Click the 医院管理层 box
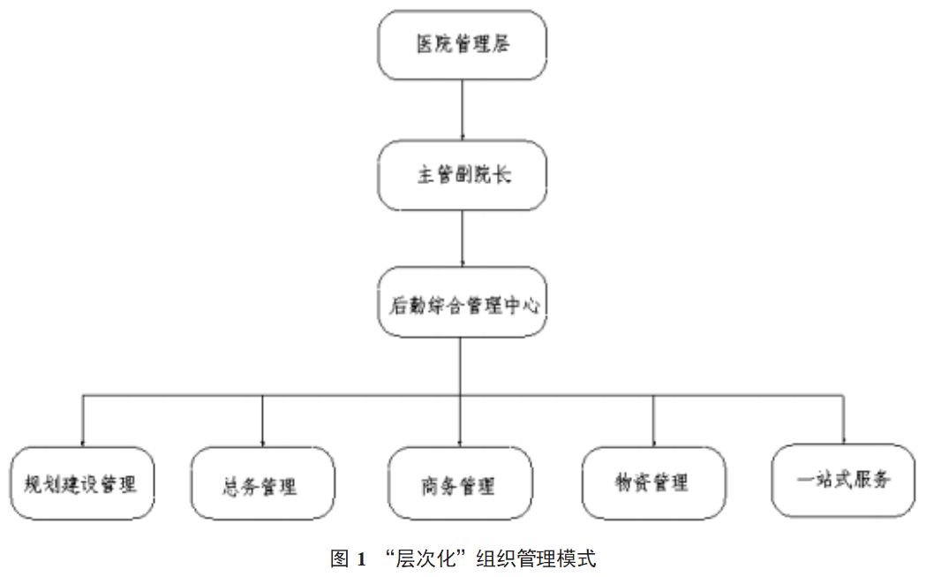click(x=463, y=45)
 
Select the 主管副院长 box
click(x=463, y=175)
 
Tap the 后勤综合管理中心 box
click(x=463, y=302)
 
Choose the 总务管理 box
click(x=262, y=483)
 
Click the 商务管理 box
click(x=460, y=483)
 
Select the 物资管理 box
click(x=653, y=482)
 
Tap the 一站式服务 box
click(x=842, y=479)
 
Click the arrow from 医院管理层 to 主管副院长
click(x=463, y=110)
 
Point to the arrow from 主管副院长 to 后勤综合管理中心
click(x=463, y=239)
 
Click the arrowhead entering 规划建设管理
click(x=82, y=442)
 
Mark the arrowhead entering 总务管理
click(x=262, y=442)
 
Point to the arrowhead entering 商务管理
click(x=460, y=442)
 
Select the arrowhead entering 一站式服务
click(x=842, y=440)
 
